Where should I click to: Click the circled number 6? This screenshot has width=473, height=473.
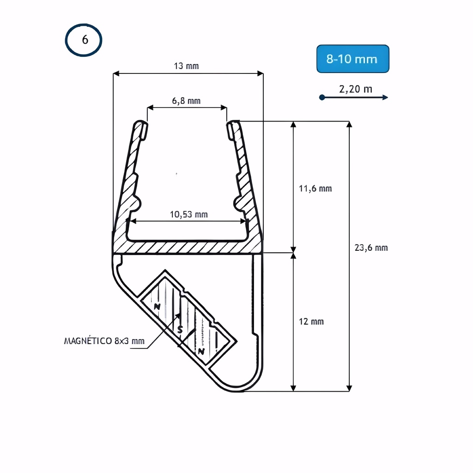(x=84, y=40)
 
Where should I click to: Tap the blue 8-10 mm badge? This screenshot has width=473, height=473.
(x=352, y=59)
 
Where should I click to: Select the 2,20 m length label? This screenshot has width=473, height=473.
(x=356, y=89)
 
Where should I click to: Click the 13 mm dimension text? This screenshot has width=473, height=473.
(x=186, y=66)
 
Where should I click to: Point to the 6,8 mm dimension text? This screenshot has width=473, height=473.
(x=186, y=101)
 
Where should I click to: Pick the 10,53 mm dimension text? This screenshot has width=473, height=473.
(x=188, y=214)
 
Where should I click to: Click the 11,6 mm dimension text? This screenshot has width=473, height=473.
(x=315, y=188)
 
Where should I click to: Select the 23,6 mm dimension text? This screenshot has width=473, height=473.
(x=371, y=248)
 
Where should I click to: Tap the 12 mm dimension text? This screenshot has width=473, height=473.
(x=311, y=321)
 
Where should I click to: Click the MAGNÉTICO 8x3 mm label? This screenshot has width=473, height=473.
(x=104, y=341)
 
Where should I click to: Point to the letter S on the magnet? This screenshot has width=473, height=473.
(x=180, y=329)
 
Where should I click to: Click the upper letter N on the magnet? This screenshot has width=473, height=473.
(x=157, y=307)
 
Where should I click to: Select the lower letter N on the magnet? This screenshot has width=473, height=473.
(x=201, y=351)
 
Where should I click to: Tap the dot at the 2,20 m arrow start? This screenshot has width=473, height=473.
(x=322, y=97)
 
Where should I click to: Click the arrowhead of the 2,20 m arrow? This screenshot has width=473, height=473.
(x=385, y=97)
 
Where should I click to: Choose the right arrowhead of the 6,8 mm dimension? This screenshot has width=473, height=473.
(x=224, y=107)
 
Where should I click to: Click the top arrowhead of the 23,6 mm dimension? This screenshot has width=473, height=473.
(x=349, y=125)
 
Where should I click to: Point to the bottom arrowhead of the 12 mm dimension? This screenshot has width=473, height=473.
(x=293, y=388)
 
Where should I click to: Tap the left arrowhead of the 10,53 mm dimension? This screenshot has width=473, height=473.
(x=133, y=221)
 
